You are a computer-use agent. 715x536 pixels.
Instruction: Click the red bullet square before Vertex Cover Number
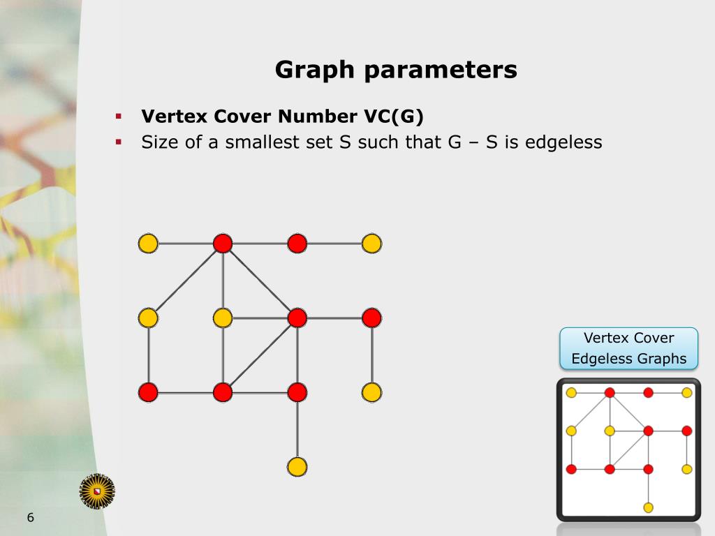pyautogui.click(x=119, y=115)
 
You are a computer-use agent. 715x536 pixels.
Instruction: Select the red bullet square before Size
pyautogui.click(x=119, y=142)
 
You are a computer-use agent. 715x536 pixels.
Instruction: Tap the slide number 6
pyautogui.click(x=30, y=518)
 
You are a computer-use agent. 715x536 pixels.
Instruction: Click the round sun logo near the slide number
pyautogui.click(x=97, y=491)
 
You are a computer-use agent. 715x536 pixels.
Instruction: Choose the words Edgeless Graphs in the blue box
pyautogui.click(x=628, y=359)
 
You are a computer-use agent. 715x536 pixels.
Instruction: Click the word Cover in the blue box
pyautogui.click(x=654, y=338)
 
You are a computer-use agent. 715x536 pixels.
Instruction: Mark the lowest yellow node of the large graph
pyautogui.click(x=297, y=466)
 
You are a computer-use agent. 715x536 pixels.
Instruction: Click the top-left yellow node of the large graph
pyautogui.click(x=148, y=244)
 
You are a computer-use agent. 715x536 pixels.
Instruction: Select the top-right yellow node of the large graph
pyautogui.click(x=371, y=244)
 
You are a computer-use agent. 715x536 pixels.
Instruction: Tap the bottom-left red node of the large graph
pyautogui.click(x=148, y=392)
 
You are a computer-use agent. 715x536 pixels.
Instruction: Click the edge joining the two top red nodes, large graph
pyautogui.click(x=260, y=244)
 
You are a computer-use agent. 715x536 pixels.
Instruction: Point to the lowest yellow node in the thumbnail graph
pyautogui.click(x=648, y=507)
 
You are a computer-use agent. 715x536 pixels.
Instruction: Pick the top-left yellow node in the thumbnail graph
pyautogui.click(x=571, y=392)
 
